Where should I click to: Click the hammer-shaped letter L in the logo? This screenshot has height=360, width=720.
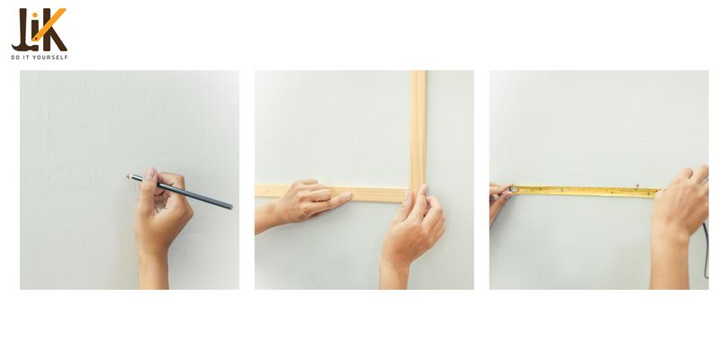[20, 31]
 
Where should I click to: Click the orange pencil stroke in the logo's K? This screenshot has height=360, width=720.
[50, 23]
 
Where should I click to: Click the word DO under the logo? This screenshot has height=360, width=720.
[15, 58]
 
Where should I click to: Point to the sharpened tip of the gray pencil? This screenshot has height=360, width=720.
[128, 175]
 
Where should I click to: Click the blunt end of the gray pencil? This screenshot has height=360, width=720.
[231, 207]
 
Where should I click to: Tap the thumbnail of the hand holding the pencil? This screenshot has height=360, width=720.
[150, 174]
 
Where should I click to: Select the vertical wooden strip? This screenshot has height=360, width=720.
[418, 129]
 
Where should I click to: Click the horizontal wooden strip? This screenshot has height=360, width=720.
[331, 193]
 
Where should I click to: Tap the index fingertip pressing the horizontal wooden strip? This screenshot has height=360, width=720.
[346, 196]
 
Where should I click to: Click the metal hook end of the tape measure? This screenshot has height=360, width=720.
[513, 189]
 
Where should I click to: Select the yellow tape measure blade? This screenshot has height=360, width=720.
[587, 192]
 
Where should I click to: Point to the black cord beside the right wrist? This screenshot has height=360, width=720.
[706, 251]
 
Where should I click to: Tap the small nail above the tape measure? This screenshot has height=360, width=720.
[637, 185]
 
